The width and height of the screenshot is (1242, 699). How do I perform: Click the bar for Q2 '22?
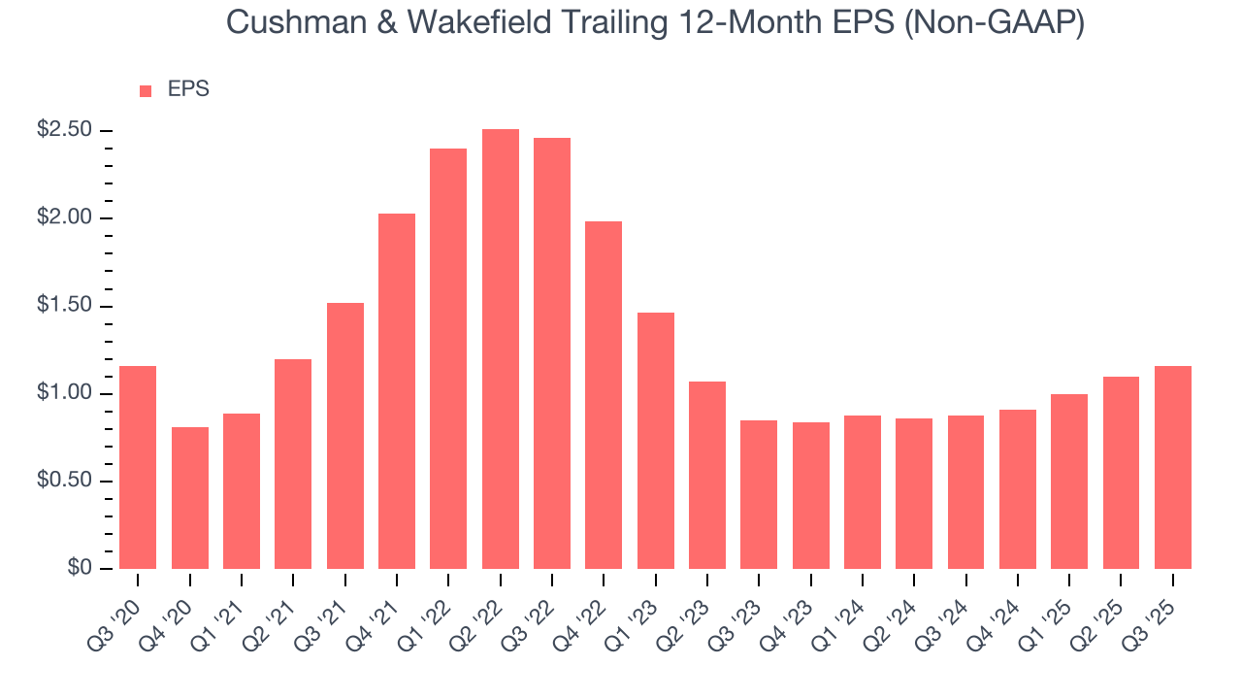(501, 349)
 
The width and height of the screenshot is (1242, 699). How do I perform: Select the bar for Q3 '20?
(138, 467)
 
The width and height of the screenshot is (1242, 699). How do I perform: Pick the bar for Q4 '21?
(397, 391)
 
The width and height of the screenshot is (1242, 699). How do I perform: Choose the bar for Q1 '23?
(656, 441)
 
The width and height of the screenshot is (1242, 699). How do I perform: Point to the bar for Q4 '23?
(811, 495)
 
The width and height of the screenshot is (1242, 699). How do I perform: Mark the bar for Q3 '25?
(1173, 467)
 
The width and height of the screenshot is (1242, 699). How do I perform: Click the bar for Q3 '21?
(345, 436)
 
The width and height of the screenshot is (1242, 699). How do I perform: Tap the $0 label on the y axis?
(80, 569)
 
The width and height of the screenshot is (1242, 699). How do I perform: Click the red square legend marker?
(146, 90)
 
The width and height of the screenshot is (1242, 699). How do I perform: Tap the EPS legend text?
(188, 89)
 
